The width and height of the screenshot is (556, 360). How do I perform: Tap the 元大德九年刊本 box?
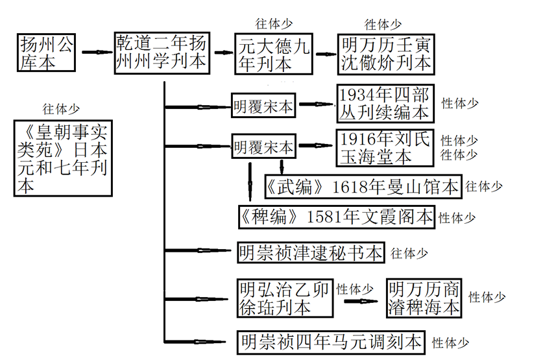click(x=273, y=53)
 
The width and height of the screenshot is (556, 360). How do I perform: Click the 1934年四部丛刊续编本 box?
click(x=384, y=104)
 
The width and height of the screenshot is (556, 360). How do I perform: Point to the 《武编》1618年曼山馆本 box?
click(x=363, y=187)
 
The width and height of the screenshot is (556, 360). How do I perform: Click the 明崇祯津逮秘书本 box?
click(x=311, y=252)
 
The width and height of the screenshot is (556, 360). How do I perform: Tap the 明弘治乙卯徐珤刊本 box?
click(x=284, y=298)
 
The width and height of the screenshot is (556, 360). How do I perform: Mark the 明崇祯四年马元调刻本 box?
click(x=331, y=341)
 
